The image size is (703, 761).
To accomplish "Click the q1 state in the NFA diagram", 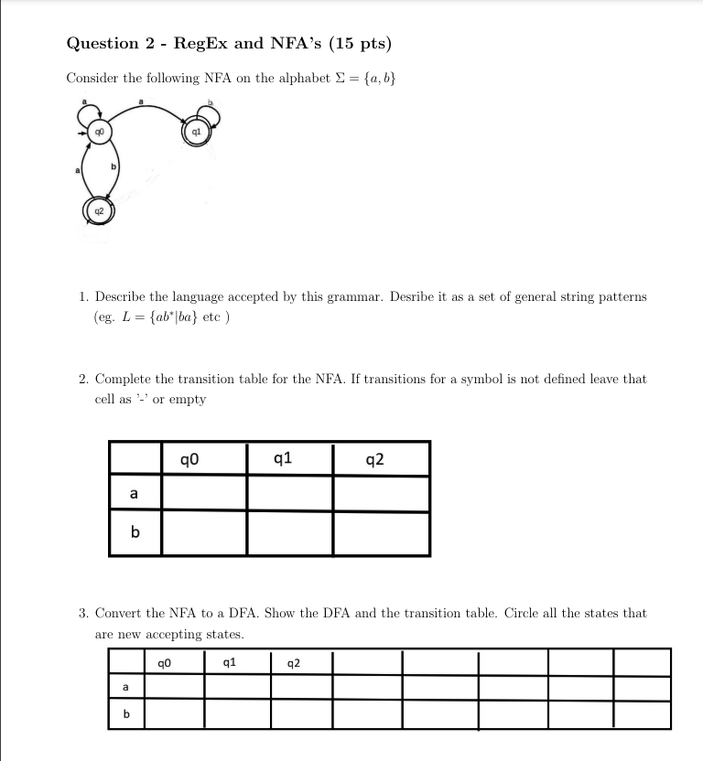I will click(x=195, y=132).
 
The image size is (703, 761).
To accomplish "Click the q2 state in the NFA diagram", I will click(x=100, y=210).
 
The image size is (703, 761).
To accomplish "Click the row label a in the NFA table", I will click(x=135, y=494).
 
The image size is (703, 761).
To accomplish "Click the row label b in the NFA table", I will click(x=135, y=533).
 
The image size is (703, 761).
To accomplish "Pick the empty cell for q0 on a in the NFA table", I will click(x=204, y=494).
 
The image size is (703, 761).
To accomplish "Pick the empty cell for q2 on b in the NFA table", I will click(x=381, y=533).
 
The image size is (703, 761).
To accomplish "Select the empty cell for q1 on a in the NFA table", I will click(x=290, y=494).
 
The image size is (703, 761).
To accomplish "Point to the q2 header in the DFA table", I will click(x=294, y=662).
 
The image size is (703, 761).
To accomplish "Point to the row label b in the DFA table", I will click(x=126, y=713).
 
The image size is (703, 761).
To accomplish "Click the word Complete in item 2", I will click(x=124, y=378).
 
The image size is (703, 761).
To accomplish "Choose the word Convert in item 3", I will click(x=121, y=613).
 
